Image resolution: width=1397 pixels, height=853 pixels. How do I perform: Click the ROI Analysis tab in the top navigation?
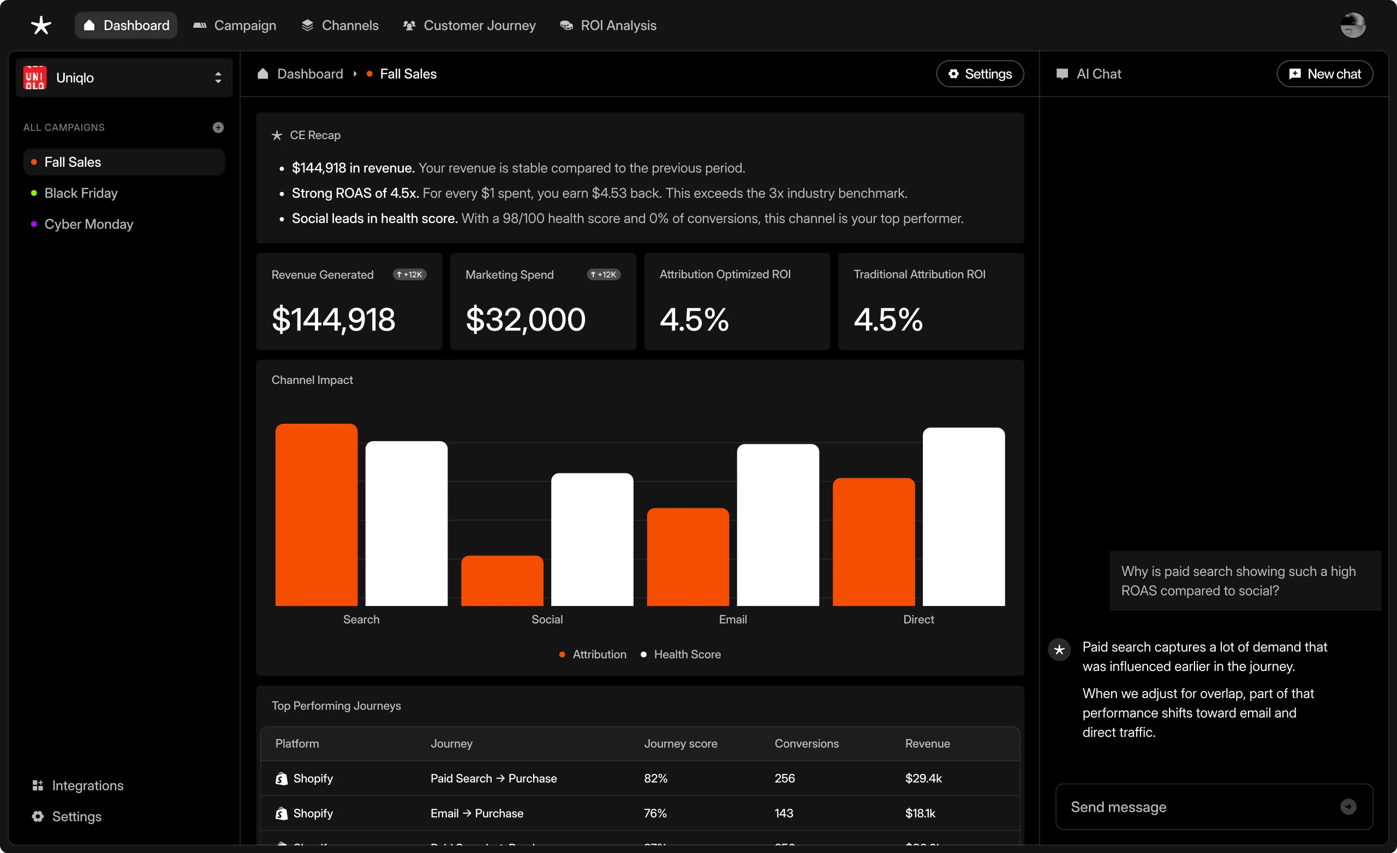point(608,26)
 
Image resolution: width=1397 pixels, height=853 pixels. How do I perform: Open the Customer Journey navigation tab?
point(469,26)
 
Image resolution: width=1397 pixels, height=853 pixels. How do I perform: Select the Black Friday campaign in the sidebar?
point(81,193)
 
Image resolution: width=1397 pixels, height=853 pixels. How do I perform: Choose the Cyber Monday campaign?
point(88,225)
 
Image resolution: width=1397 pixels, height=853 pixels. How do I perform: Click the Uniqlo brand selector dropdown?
point(123,77)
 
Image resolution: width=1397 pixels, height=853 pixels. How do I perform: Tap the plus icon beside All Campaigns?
point(218,128)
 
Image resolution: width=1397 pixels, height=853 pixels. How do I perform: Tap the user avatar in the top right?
point(1352,26)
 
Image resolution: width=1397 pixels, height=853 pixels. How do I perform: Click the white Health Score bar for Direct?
point(963,516)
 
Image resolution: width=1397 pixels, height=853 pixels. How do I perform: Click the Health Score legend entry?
point(686,654)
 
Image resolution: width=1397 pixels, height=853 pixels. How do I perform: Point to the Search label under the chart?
point(361,620)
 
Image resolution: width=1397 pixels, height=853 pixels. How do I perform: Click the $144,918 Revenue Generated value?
point(333,319)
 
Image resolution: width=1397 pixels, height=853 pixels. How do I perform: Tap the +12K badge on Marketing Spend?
point(603,274)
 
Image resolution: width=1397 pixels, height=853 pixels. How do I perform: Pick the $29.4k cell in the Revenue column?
point(923,778)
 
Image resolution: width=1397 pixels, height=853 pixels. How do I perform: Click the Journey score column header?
point(680,743)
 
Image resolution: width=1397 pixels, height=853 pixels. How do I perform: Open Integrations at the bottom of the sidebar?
point(87,785)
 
